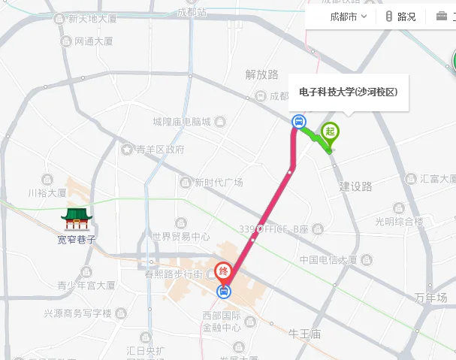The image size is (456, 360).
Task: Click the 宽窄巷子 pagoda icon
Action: tap(77, 219)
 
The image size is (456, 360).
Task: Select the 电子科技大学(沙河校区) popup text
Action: tap(348, 92)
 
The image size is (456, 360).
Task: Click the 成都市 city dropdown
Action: tap(348, 17)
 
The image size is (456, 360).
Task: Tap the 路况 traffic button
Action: tap(400, 17)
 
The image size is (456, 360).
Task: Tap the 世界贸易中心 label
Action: tap(180, 237)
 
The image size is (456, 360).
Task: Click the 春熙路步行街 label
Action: tap(174, 274)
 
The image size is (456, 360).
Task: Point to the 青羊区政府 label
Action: tap(159, 150)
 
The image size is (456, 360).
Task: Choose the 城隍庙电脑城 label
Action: tap(181, 122)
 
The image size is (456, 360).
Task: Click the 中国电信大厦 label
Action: tap(328, 260)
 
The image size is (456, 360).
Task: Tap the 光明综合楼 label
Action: tap(400, 222)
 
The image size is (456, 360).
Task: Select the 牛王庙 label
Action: tap(306, 333)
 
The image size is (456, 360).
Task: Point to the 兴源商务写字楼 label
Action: tap(77, 313)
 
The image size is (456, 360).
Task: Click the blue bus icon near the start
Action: tap(298, 121)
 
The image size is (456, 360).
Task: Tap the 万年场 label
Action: tap(430, 298)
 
